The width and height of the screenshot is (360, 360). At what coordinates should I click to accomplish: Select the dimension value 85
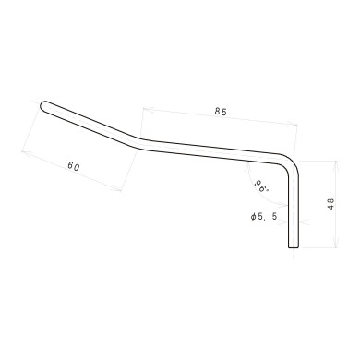point(220,112)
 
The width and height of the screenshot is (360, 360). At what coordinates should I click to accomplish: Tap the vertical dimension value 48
point(330,204)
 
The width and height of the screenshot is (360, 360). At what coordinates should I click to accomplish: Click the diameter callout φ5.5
point(262,217)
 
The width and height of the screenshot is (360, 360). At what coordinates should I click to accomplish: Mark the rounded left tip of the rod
point(44,105)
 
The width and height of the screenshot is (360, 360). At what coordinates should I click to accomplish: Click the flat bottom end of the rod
point(294,247)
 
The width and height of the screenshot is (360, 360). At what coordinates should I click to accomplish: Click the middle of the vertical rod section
point(294,208)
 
